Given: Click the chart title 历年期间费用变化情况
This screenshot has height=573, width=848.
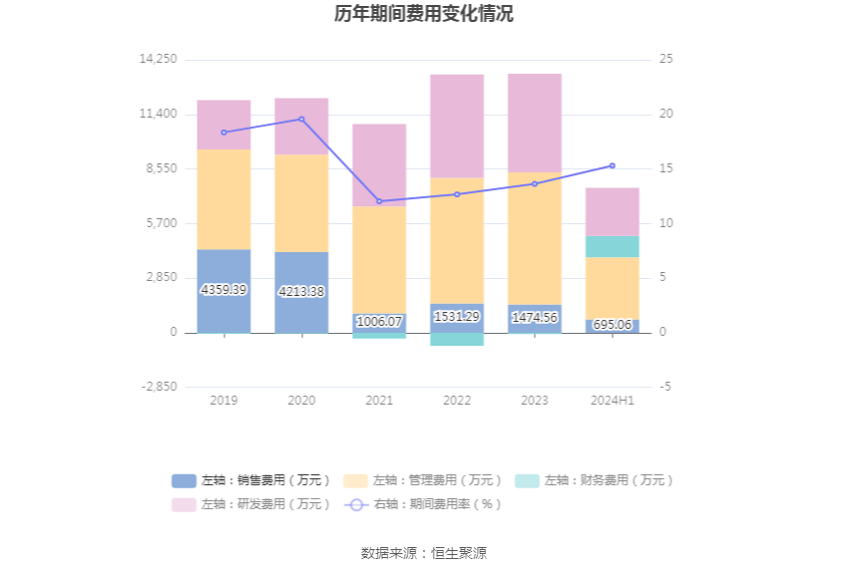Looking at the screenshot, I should pyautogui.click(x=424, y=14).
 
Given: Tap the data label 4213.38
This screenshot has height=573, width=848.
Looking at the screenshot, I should pyautogui.click(x=301, y=291).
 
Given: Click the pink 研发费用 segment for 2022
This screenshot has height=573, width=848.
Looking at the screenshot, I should pyautogui.click(x=457, y=126).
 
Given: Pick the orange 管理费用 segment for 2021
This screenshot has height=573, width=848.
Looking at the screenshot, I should pyautogui.click(x=379, y=259).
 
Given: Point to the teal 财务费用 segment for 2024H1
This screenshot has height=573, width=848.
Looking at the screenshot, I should pyautogui.click(x=613, y=246).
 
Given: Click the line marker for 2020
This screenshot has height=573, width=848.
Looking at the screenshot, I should pyautogui.click(x=301, y=120).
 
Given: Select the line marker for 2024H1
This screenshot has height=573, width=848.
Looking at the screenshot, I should pyautogui.click(x=613, y=165).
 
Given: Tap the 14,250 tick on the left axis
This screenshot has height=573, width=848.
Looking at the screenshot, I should pyautogui.click(x=159, y=59).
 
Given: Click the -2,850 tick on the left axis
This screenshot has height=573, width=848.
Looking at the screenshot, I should pyautogui.click(x=159, y=387).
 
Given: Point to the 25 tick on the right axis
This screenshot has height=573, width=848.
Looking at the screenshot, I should pyautogui.click(x=665, y=59).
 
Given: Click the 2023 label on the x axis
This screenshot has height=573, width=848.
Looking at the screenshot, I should pyautogui.click(x=535, y=400).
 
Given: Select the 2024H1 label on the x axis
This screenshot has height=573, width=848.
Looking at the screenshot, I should pyautogui.click(x=613, y=400).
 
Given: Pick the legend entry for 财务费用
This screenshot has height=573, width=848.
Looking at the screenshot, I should pyautogui.click(x=595, y=480).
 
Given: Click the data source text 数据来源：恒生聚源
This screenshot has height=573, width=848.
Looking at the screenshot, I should pyautogui.click(x=424, y=553).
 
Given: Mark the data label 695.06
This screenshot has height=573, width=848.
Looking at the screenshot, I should pyautogui.click(x=613, y=325).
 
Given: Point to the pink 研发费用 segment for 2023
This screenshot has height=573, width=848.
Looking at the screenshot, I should pyautogui.click(x=535, y=123).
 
